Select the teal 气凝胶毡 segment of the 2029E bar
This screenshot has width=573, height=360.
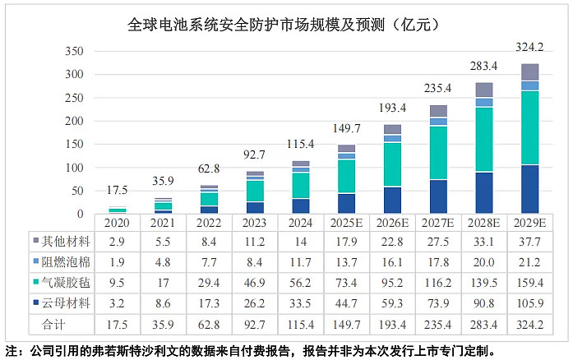[530, 127]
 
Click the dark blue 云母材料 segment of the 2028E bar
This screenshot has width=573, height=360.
[484, 193]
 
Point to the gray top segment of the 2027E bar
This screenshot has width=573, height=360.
[438, 111]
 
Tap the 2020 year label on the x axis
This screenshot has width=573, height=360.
[117, 223]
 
